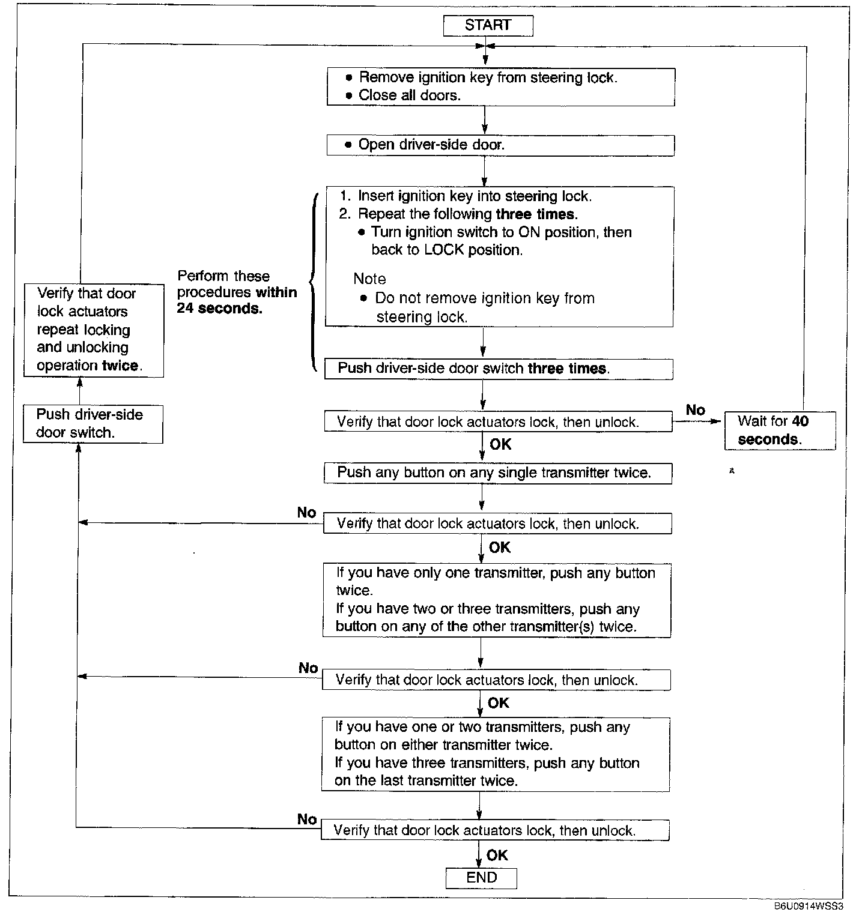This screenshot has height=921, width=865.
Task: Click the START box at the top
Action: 488,25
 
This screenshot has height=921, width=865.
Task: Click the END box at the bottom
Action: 481,878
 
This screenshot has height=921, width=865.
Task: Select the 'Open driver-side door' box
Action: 500,145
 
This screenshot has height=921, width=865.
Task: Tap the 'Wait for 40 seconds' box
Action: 779,430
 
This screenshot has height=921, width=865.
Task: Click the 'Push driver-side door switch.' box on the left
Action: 93,424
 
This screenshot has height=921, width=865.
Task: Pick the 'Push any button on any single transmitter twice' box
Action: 497,473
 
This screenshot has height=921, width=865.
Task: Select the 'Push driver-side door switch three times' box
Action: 498,369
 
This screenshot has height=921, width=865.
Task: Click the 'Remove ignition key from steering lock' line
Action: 488,77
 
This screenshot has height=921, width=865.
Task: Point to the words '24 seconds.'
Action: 219,309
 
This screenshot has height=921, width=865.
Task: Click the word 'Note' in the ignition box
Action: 369,279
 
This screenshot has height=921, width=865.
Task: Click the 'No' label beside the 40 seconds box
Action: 695,410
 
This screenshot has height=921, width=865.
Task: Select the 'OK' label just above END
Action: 497,855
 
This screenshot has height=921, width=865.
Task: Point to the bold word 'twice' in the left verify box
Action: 120,366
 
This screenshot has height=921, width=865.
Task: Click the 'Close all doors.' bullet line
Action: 409,95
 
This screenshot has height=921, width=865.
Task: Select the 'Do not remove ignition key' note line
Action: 484,298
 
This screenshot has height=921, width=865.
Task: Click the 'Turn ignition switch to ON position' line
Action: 501,232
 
